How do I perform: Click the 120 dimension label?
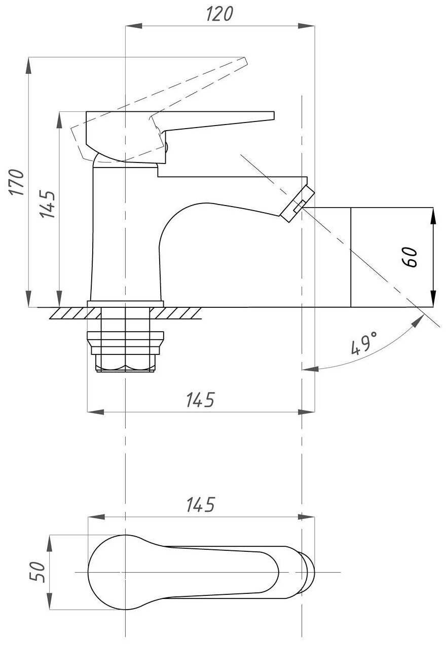pos(219,14)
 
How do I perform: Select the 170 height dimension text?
pos(16,182)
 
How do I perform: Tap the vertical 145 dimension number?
pos(47,204)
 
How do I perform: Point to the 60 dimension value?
pos(409,257)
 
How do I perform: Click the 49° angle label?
pos(364,343)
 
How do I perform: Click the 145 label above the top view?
pos(201,505)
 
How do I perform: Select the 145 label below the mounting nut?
pos(201,400)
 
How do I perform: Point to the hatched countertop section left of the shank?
pos(76,313)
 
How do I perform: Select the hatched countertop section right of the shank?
pos(175,313)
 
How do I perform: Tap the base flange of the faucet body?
pos(125,304)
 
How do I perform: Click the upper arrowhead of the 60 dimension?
pos(433,216)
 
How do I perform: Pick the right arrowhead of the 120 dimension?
pos(306,26)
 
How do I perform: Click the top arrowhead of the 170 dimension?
pos(28,66)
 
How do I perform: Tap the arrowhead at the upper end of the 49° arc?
pos(418,320)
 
